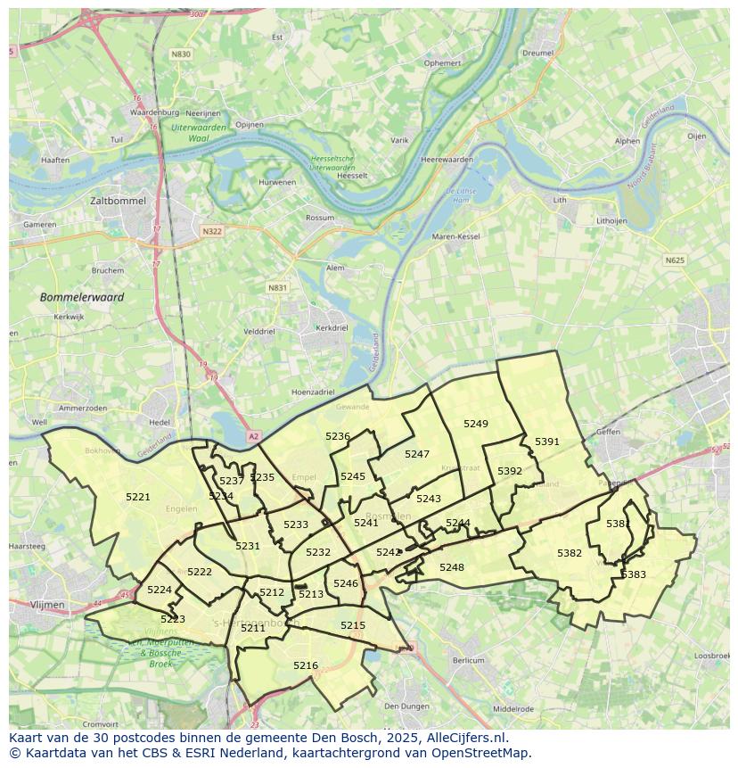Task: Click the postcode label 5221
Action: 138,497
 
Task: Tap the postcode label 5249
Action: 476,424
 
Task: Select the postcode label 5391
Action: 547,442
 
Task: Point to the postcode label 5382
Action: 570,553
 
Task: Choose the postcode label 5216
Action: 306,665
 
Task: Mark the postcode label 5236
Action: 338,436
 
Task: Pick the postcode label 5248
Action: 452,567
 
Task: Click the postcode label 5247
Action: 417,454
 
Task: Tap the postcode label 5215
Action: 353,625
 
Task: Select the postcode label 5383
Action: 634,574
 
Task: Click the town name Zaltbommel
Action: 118,202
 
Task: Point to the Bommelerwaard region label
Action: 82,297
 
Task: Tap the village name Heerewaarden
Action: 446,159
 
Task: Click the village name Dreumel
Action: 538,54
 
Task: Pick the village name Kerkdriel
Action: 332,328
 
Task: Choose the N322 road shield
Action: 211,231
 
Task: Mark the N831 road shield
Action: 278,288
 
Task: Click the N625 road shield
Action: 675,260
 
